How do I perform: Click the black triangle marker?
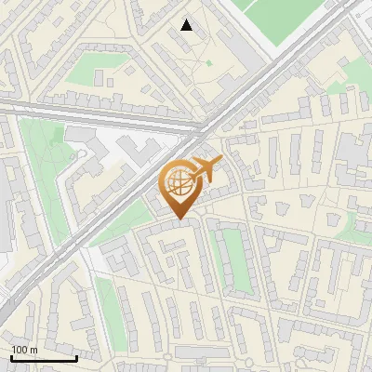[187, 25]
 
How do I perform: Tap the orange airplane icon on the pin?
[207, 167]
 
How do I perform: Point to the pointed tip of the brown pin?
[178, 219]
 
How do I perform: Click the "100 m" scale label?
[24, 349]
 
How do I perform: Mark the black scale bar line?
[43, 357]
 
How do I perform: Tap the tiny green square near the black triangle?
[209, 63]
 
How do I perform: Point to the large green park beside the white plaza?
[42, 177]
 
